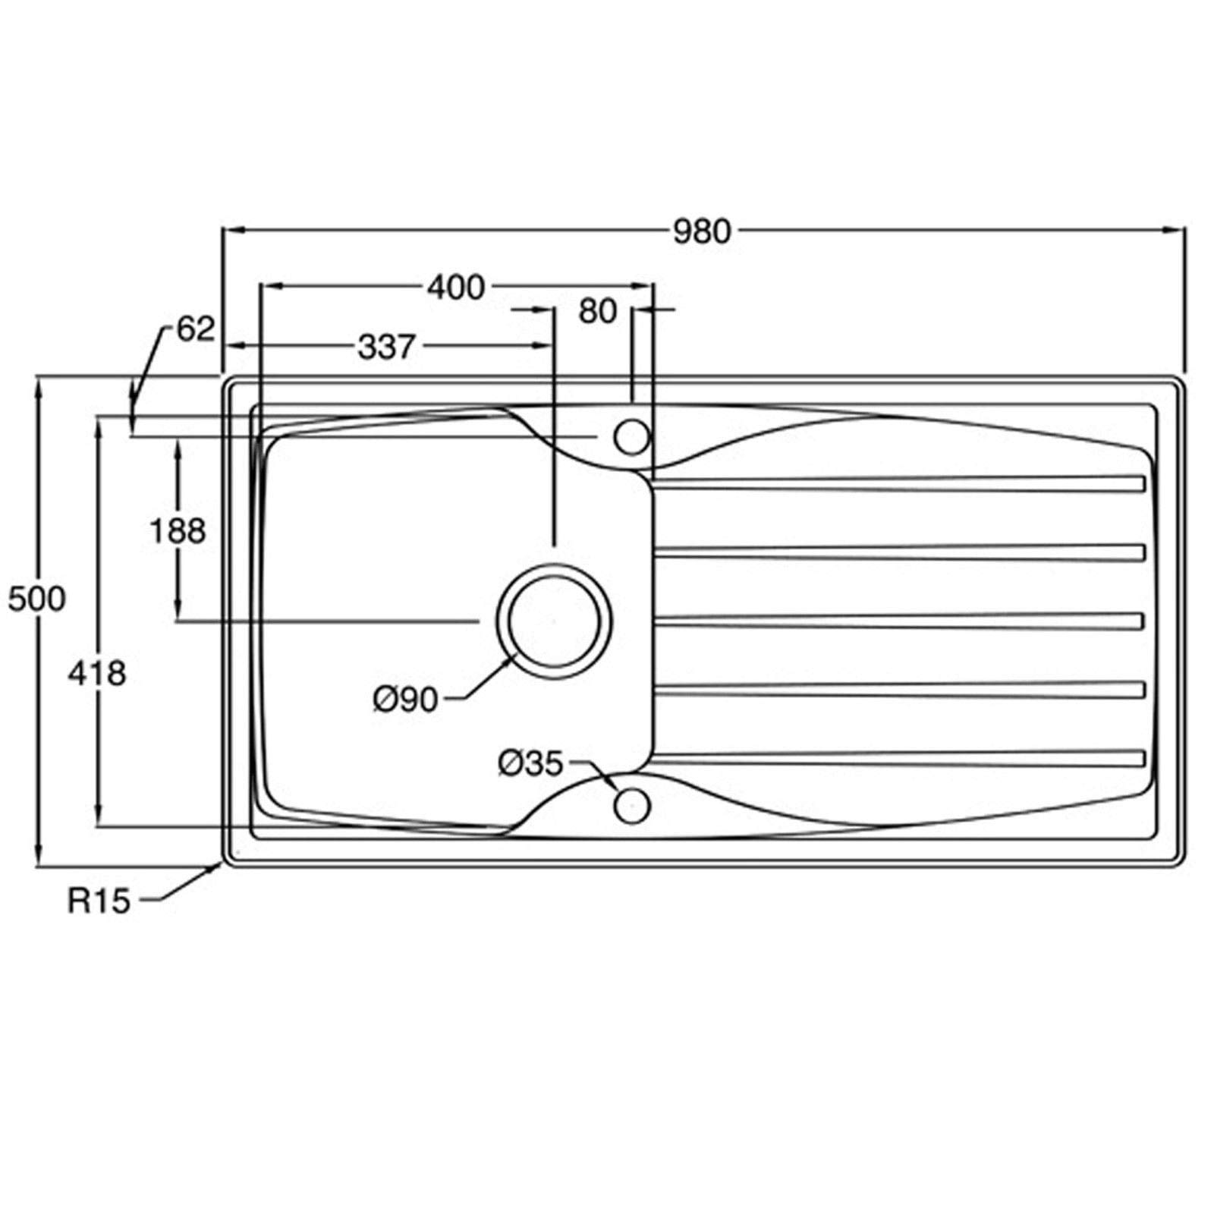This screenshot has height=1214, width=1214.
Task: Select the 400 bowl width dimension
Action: pyautogui.click(x=456, y=288)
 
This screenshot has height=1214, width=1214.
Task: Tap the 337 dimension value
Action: pyautogui.click(x=387, y=347)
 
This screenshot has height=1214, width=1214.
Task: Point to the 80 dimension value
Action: pyautogui.click(x=598, y=311)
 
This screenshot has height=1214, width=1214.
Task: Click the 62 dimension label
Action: pyautogui.click(x=196, y=329)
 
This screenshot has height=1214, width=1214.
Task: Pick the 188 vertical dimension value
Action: pyautogui.click(x=178, y=531)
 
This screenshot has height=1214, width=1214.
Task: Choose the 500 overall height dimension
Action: pyautogui.click(x=37, y=599)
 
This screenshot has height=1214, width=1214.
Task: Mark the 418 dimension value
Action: pyautogui.click(x=97, y=672)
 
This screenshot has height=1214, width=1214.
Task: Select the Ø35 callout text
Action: pyautogui.click(x=531, y=763)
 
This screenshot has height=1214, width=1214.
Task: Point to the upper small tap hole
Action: pyautogui.click(x=632, y=437)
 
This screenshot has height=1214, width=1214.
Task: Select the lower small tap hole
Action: pyautogui.click(x=632, y=805)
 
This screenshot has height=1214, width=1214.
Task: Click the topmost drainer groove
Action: pyautogui.click(x=899, y=484)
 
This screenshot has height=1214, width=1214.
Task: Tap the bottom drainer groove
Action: pyautogui.click(x=899, y=758)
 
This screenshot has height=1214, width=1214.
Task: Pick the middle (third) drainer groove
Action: pyautogui.click(x=899, y=621)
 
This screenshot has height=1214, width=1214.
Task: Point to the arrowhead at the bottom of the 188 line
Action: pyautogui.click(x=178, y=611)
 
